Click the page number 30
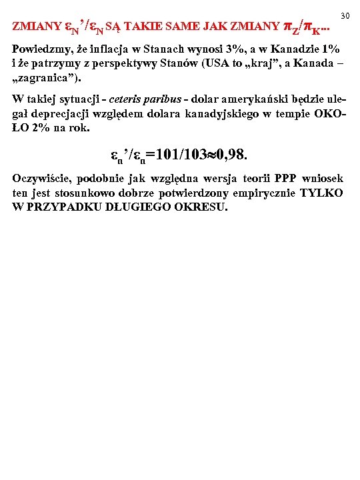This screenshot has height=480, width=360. (345, 15)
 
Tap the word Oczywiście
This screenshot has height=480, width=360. (43, 179)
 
